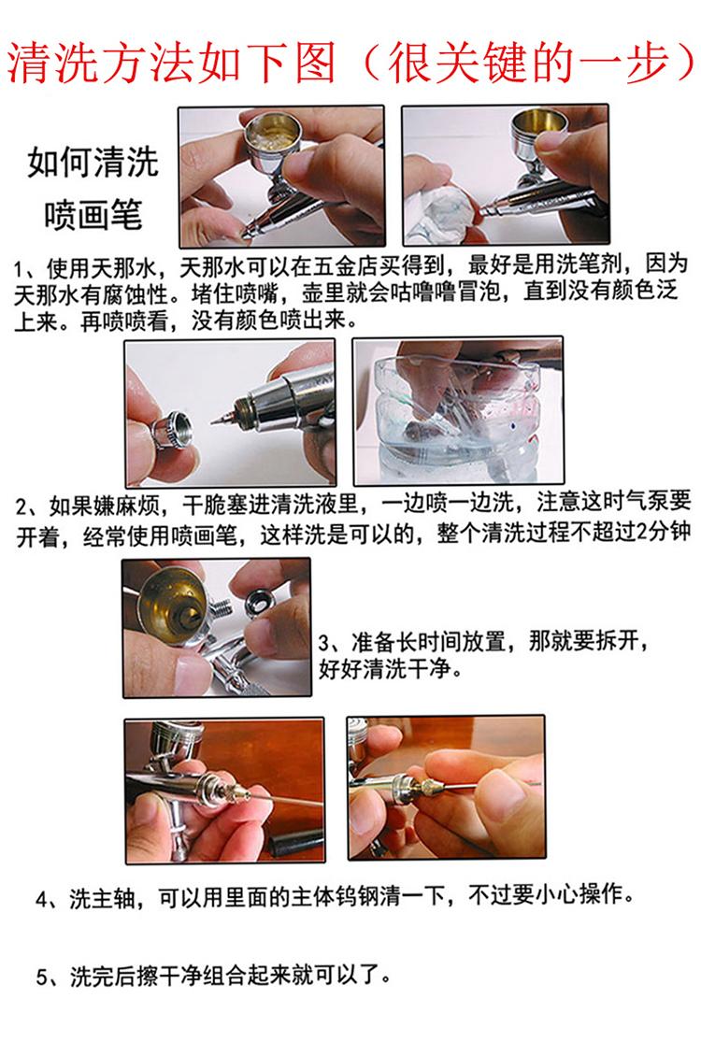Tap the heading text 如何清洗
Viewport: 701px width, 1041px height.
coord(93,163)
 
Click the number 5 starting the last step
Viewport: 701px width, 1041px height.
coord(41,977)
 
